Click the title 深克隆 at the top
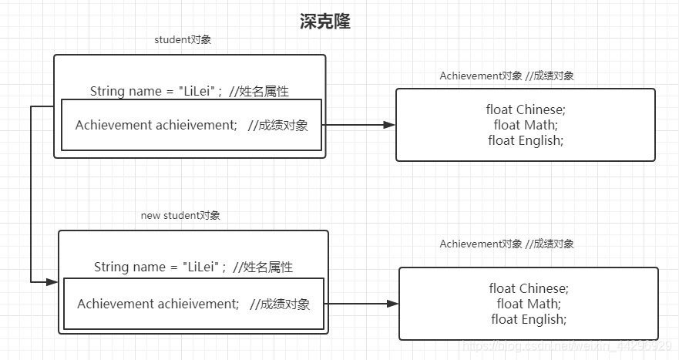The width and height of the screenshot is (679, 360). pos(324,22)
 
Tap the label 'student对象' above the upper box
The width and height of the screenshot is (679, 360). pos(183,40)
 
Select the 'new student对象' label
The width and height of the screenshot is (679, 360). pos(180,216)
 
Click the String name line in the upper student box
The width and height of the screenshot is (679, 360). pos(189,91)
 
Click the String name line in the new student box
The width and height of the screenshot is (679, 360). pos(193,267)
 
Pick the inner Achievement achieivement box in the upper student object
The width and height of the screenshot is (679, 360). pos(191,125)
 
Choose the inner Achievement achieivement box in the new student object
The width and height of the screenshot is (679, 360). pos(193,304)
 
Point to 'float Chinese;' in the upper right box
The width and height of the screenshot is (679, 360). pos(525,109)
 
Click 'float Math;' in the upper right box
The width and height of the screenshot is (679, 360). pos(526,125)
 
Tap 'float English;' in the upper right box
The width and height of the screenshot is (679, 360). pos(526,140)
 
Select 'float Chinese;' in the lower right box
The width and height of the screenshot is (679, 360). pos(528,288)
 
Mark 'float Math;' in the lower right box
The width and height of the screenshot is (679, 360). pos(529,304)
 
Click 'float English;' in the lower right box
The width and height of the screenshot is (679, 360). pos(529,319)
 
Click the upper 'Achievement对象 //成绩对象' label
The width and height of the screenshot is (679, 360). pos(506,76)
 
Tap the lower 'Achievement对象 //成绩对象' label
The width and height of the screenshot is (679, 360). pos(506,244)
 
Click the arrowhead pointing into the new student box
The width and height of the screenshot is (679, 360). pos(52,282)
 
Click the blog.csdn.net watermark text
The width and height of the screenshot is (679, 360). pos(566,347)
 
